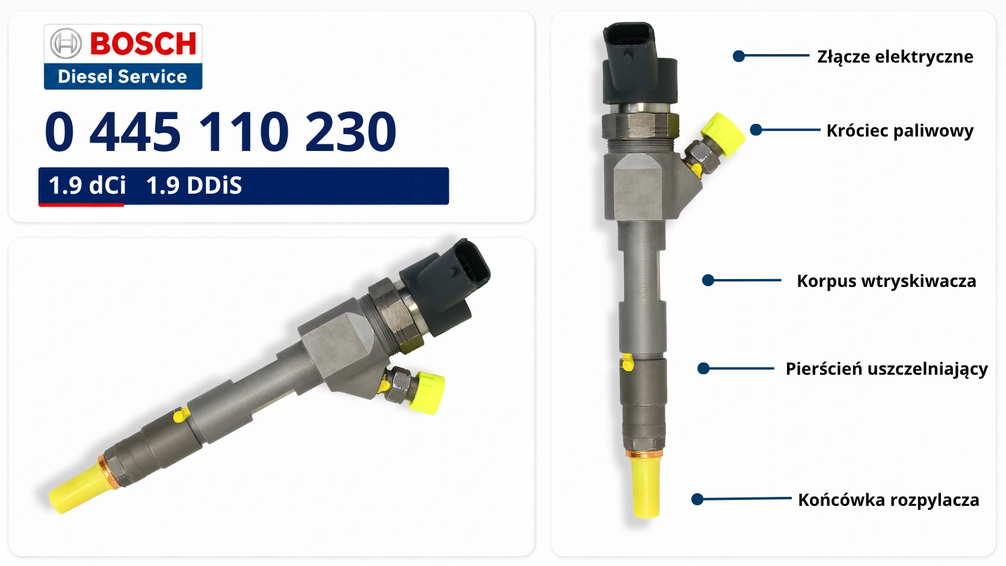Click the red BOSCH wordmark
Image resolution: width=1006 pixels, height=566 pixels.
click(x=143, y=43)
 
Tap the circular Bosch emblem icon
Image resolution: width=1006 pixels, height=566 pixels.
click(x=66, y=43)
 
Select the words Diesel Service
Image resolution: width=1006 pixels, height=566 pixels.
click(x=122, y=76)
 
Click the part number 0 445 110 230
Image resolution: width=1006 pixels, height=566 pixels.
click(x=220, y=132)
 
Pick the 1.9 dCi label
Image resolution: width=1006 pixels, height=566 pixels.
click(x=87, y=185)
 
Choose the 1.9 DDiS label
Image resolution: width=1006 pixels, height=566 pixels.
click(x=194, y=185)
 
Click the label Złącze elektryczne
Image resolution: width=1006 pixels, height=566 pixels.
click(x=895, y=57)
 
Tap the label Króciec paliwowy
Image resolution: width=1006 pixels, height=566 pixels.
click(x=900, y=131)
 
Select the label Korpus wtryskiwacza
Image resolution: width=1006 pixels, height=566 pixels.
click(x=886, y=281)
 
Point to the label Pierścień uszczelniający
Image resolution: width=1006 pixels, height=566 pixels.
click(x=886, y=369)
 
